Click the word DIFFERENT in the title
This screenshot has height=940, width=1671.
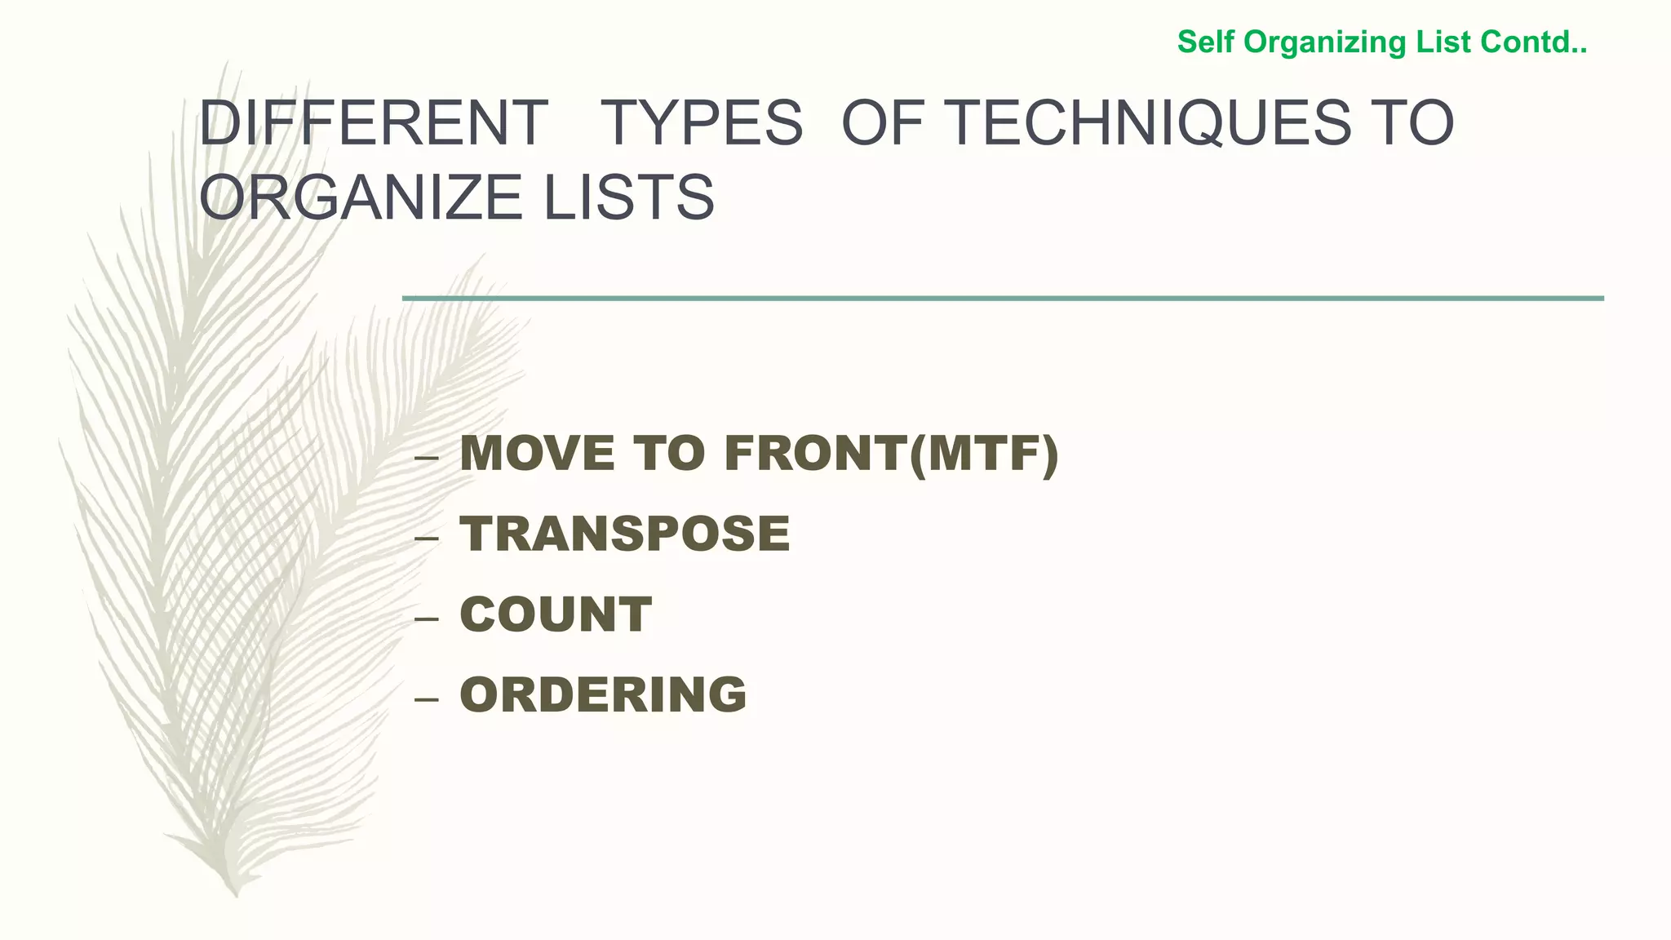tap(373, 123)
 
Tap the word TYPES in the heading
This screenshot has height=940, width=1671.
tap(701, 123)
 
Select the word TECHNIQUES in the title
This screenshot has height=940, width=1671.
tap(1150, 123)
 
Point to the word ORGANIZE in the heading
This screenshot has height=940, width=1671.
tap(360, 197)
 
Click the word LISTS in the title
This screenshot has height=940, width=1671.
tap(629, 197)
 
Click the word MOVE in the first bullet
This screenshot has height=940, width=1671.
tap(537, 454)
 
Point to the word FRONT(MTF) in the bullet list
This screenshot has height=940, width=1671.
tap(891, 454)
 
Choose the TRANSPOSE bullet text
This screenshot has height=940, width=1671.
tap(625, 534)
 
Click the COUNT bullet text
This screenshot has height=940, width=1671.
tap(556, 614)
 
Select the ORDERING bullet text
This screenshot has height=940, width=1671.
tap(603, 694)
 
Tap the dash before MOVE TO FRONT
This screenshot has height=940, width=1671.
tap(426, 459)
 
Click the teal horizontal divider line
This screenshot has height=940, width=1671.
tap(1003, 299)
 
